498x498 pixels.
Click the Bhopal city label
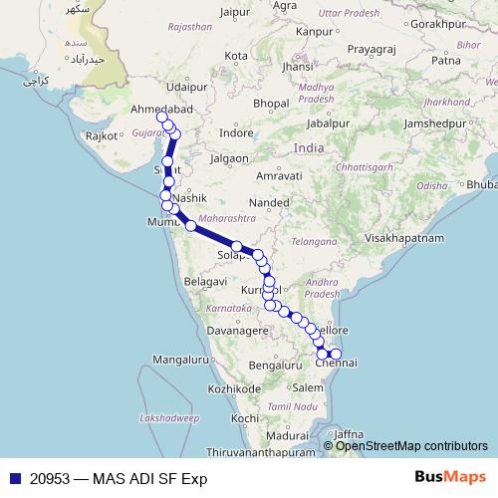click(x=242, y=103)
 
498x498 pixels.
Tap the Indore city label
click(x=236, y=131)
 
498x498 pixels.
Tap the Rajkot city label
click(x=102, y=134)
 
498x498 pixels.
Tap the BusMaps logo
click(x=449, y=478)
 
